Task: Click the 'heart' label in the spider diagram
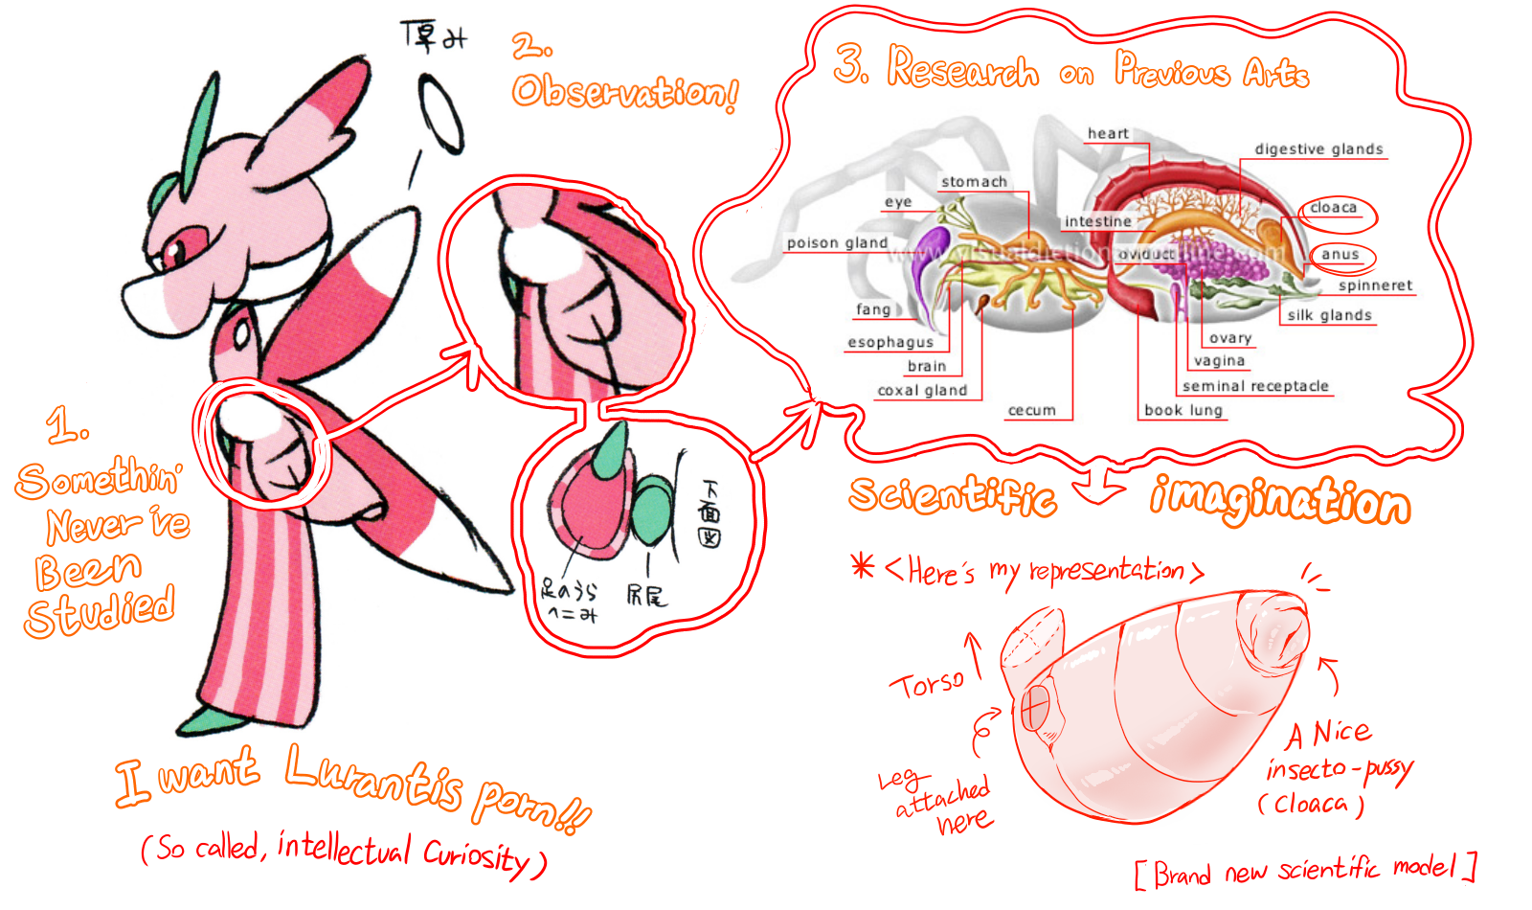click(x=1108, y=134)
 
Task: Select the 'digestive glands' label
click(x=1318, y=149)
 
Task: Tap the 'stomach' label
click(x=974, y=182)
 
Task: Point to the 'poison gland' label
click(x=837, y=243)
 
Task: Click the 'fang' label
click(x=873, y=309)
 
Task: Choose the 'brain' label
click(x=927, y=366)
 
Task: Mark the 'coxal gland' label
click(x=922, y=391)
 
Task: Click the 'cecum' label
click(x=1031, y=411)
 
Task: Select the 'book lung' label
click(x=1183, y=410)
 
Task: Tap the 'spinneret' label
click(x=1375, y=285)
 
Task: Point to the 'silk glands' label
click(x=1329, y=315)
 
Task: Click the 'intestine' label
click(x=1098, y=221)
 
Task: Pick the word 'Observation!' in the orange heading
click(x=624, y=93)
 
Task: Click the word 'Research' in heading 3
click(x=962, y=69)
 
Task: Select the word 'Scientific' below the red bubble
click(x=952, y=496)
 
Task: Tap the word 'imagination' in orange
click(x=1280, y=499)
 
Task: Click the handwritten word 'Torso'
click(x=927, y=684)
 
